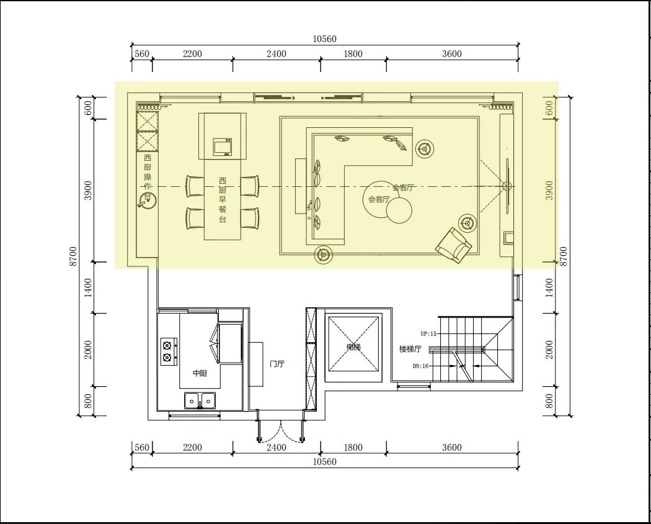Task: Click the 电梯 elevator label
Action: (353, 347)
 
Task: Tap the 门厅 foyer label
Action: (277, 364)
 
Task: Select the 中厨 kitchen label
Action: (200, 374)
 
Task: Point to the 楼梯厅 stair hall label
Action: (410, 349)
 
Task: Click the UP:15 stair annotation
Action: (428, 333)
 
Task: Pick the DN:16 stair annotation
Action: (420, 366)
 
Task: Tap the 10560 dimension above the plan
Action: (325, 39)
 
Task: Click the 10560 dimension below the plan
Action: (325, 462)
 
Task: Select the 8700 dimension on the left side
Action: (73, 256)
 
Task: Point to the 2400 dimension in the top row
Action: (277, 53)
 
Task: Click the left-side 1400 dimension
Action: (88, 288)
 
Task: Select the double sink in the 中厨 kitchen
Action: (200, 400)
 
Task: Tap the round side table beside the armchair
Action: (468, 224)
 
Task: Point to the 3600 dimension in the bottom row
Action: (452, 448)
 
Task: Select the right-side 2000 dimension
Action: (549, 350)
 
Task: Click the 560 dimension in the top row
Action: (142, 53)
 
